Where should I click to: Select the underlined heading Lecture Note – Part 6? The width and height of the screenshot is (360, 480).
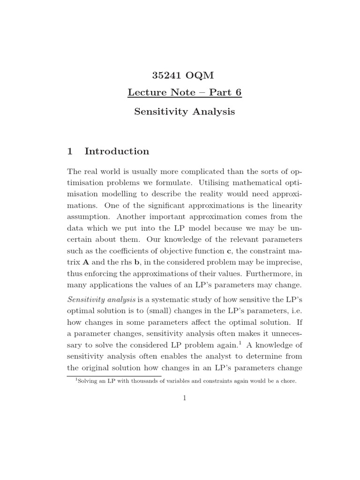click(x=184, y=92)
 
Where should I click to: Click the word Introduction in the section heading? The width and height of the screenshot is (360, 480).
click(x=117, y=151)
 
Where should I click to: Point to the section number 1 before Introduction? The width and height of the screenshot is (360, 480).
click(x=70, y=151)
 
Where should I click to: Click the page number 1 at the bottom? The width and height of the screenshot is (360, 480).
click(x=185, y=398)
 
